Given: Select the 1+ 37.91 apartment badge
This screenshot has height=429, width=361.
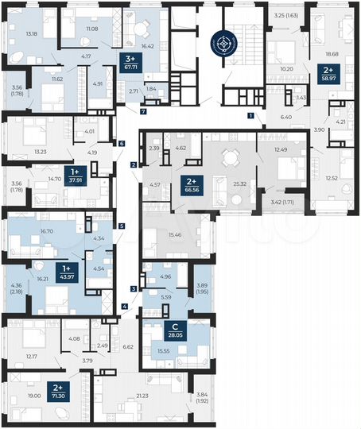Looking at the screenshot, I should (76, 175).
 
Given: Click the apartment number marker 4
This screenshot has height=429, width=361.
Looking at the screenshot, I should (125, 307).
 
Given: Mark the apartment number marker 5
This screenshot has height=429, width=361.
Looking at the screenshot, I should (122, 226).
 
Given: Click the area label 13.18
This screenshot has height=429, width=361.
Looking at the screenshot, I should (33, 34).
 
